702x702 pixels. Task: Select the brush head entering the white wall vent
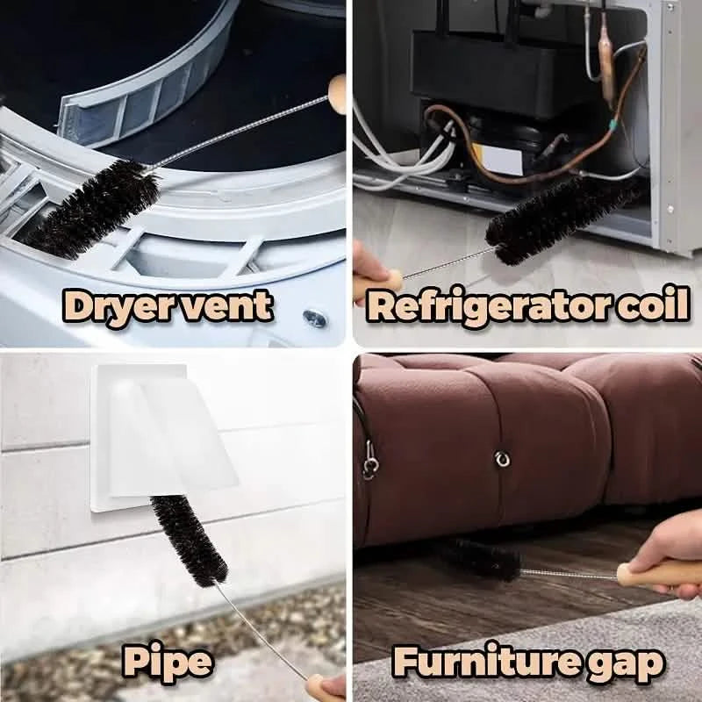[188, 540]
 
